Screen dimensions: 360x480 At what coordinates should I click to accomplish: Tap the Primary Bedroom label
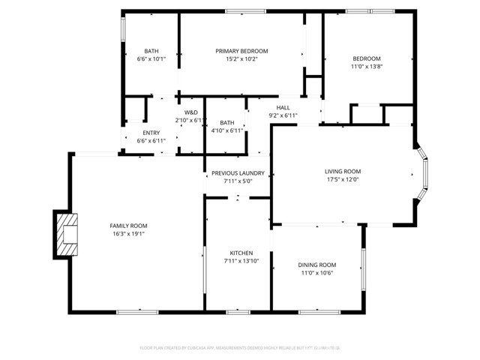[241, 51]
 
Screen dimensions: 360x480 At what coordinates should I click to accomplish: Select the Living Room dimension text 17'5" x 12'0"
[343, 179]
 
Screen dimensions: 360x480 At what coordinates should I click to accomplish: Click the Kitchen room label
[241, 253]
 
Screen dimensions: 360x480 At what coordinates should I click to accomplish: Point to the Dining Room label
[317, 265]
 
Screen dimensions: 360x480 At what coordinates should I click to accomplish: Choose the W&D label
[190, 112]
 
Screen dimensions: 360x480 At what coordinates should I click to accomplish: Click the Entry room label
[151, 133]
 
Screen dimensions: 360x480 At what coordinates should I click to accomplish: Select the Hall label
[283, 107]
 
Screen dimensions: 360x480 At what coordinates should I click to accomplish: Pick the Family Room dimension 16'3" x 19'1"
[127, 234]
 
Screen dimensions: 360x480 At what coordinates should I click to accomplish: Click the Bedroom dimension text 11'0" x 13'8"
[367, 67]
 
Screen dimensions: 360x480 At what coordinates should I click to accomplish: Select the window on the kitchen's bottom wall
[238, 310]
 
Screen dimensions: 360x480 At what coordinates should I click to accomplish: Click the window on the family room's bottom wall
[133, 310]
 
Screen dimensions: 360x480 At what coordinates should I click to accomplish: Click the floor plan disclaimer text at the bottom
[240, 348]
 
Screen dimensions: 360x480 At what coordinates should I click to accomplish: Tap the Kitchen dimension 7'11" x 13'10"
[241, 261]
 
